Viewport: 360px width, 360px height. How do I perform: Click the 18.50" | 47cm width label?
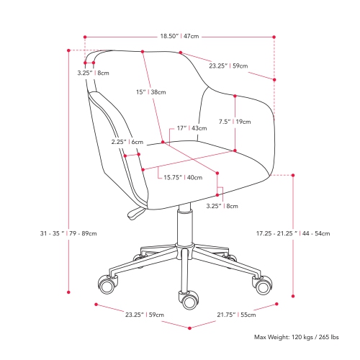[x=179, y=35]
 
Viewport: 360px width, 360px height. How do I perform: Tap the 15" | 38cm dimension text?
[x=153, y=92]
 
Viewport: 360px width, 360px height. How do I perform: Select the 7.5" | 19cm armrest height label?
[x=236, y=122]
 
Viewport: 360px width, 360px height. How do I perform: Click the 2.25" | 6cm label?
[x=122, y=142]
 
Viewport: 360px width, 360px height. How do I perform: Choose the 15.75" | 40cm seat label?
[x=181, y=177]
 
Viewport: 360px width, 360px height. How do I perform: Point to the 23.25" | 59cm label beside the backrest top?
[x=228, y=66]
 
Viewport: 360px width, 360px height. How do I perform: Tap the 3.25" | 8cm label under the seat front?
[x=221, y=206]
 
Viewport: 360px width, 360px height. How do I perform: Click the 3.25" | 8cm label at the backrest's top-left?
[x=94, y=73]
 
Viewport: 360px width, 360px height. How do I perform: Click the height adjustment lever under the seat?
[x=135, y=212]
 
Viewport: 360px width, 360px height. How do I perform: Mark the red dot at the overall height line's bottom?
[x=69, y=292]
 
